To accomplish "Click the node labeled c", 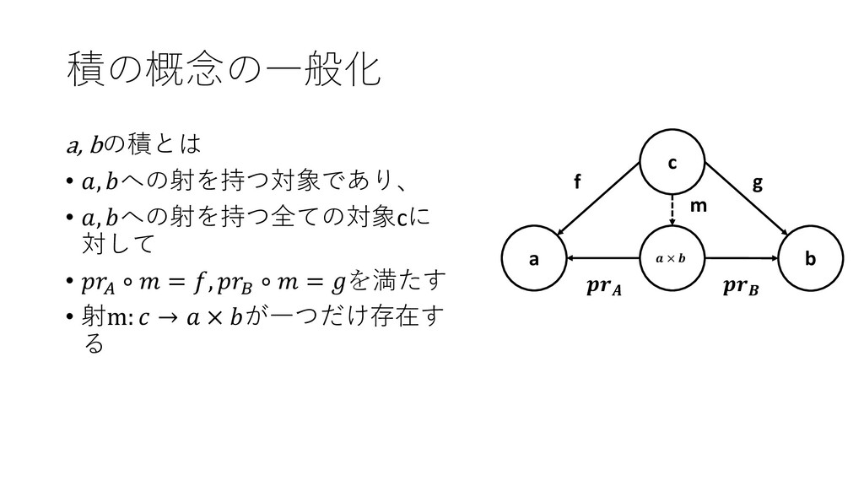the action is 672,163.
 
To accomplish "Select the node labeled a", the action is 533,258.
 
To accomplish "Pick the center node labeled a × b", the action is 672,258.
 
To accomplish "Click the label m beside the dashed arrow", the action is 699,205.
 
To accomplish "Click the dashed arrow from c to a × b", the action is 672,209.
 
